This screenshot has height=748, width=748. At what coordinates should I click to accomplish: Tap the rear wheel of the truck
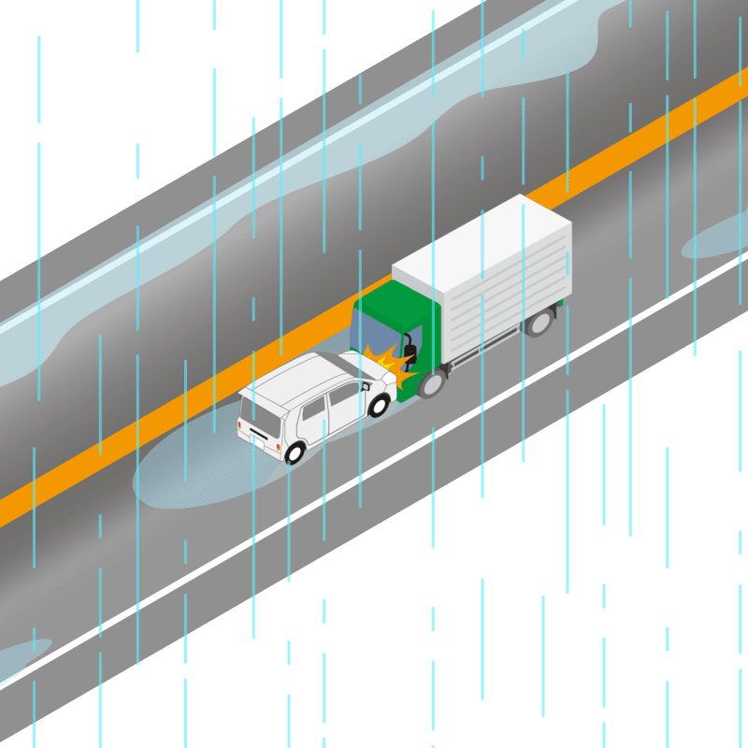coord(539,323)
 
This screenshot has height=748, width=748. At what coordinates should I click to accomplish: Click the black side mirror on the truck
coord(409,352)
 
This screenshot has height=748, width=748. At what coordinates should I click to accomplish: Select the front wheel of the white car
coord(379,405)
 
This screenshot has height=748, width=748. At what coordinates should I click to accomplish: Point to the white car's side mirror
coord(365,385)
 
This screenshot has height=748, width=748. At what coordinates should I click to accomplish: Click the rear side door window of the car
coord(313,411)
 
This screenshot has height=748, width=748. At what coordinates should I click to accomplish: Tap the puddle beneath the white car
coord(187,477)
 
